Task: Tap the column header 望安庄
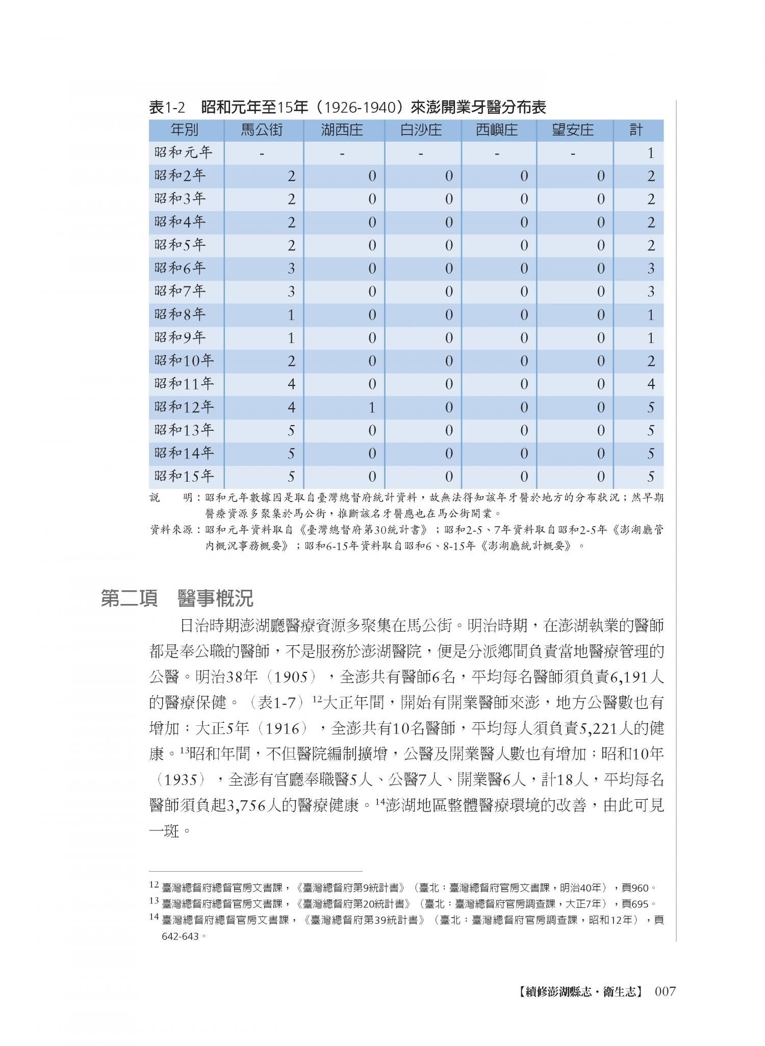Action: click(x=573, y=130)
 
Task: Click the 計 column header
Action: click(x=635, y=130)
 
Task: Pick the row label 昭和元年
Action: click(x=183, y=152)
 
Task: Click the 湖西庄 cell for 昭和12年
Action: click(x=372, y=407)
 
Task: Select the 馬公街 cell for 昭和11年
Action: click(x=291, y=384)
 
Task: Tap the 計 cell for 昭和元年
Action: click(x=650, y=153)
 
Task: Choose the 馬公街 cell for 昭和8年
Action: click(x=291, y=315)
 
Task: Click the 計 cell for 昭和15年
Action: click(x=650, y=477)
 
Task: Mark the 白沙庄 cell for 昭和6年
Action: click(x=449, y=269)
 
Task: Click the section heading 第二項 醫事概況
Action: click(x=177, y=598)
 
